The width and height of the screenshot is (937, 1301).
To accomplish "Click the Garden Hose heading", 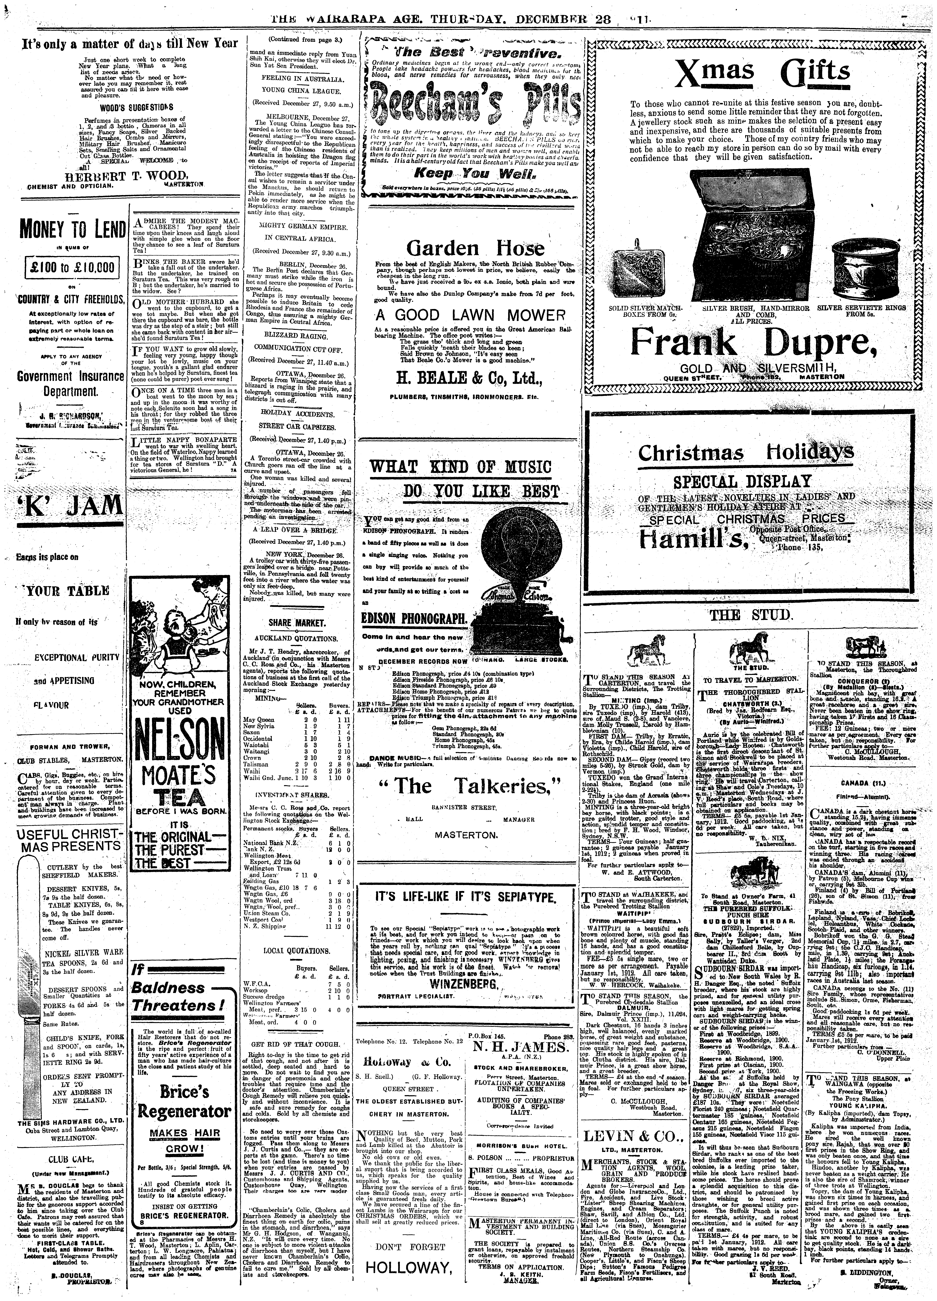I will pyautogui.click(x=475, y=248).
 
